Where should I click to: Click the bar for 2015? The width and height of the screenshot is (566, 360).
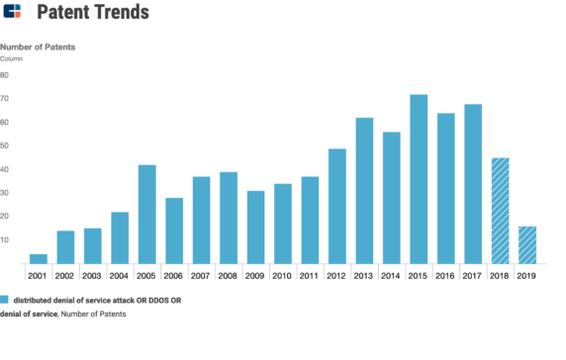[419, 179]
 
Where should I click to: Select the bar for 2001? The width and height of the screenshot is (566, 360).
[39, 258]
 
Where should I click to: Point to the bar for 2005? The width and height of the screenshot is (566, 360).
[147, 214]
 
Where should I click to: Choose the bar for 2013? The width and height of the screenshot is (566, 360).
[364, 190]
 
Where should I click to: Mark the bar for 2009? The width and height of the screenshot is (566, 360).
[255, 226]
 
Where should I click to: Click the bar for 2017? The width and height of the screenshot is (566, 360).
[473, 184]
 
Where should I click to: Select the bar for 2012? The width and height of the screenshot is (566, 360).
[337, 206]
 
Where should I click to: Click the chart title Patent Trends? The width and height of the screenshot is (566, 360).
[93, 13]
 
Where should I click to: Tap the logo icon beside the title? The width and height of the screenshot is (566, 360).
[13, 13]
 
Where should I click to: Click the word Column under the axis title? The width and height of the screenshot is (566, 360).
[12, 59]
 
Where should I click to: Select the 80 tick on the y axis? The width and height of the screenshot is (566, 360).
[5, 75]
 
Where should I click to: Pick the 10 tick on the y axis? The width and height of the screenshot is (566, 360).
[5, 240]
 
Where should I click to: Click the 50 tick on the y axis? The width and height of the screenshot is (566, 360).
[5, 146]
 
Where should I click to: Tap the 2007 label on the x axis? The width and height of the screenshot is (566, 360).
[201, 277]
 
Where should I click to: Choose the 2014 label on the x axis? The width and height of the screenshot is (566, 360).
[391, 277]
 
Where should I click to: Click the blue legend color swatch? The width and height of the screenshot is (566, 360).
[5, 299]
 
